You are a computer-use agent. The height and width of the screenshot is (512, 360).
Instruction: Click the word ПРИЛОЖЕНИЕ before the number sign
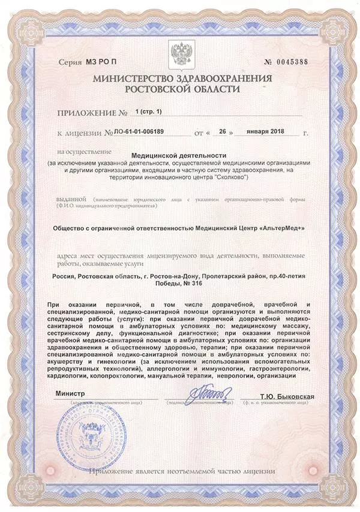coord(86,112)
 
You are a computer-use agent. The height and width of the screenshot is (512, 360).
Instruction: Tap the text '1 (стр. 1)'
coord(149,112)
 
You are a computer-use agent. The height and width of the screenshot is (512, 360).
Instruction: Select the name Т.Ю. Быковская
coord(287,397)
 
